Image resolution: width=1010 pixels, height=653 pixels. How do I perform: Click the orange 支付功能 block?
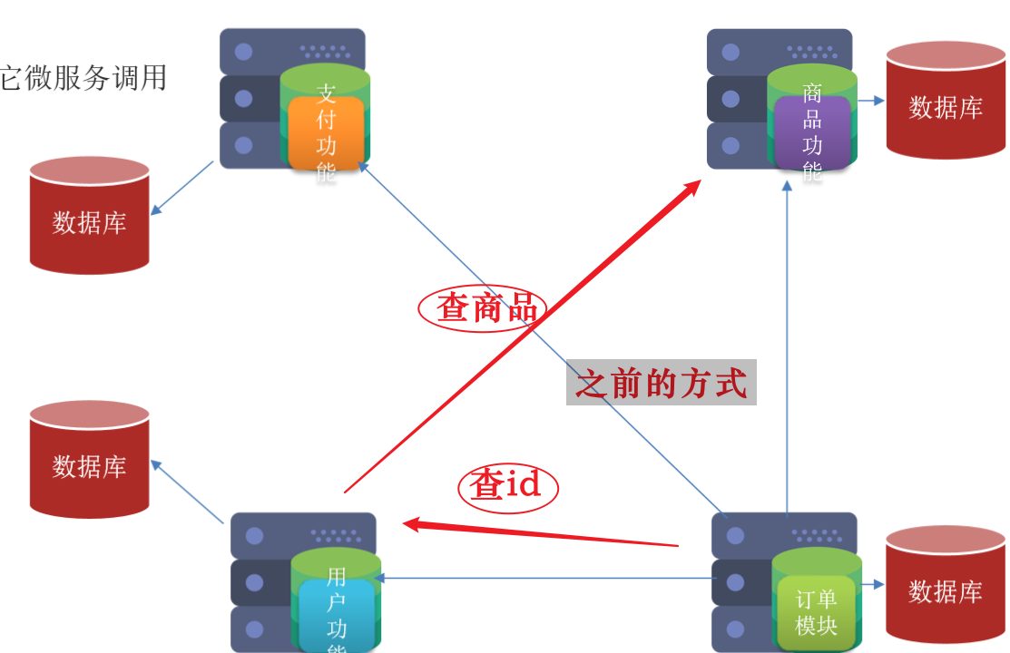point(326,133)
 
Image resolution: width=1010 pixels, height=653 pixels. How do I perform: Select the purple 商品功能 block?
point(812,133)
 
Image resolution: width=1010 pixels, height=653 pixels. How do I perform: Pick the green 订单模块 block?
point(816,612)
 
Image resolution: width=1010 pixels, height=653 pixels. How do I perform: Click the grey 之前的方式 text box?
point(662,383)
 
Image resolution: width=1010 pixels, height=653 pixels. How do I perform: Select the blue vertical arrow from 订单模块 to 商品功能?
point(787,345)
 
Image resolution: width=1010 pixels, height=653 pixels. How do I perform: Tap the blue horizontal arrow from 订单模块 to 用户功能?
point(544,578)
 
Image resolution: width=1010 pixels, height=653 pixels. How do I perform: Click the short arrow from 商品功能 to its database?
point(870,101)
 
